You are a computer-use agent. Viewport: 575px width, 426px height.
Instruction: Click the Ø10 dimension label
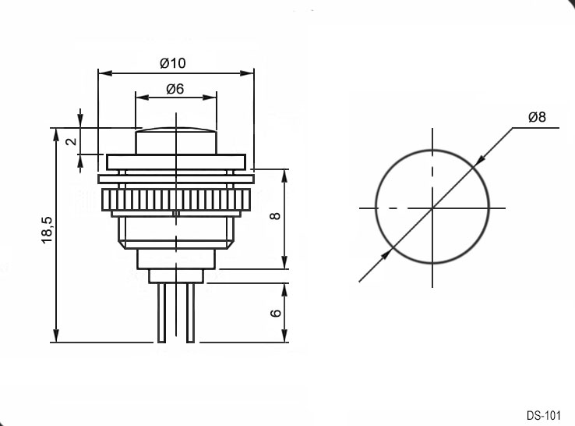coord(172,63)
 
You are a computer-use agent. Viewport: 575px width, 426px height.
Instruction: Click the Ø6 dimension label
coord(175,89)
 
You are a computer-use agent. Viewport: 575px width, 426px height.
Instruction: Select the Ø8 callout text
coord(537,118)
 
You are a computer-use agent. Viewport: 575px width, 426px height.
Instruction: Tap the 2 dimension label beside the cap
coord(69,141)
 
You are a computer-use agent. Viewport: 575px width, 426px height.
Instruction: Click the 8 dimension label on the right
coord(274,216)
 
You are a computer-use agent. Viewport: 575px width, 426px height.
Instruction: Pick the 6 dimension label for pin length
coord(274,313)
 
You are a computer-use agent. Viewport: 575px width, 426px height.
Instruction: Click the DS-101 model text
coord(543,415)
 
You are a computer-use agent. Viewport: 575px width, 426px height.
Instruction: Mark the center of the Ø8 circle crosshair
coord(432,208)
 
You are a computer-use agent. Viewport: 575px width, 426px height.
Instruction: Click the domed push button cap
coord(175,140)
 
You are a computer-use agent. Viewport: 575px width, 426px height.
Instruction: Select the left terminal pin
coord(161,312)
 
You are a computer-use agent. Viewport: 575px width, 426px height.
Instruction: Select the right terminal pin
coord(190,312)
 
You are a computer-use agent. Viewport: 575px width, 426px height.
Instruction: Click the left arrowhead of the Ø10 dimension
coord(103,73)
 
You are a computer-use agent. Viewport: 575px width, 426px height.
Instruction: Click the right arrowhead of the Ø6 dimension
coord(211,98)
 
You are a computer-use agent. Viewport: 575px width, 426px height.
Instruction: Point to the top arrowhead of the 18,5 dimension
coord(56,133)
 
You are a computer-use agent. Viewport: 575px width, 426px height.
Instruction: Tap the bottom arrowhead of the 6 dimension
coord(284,337)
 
